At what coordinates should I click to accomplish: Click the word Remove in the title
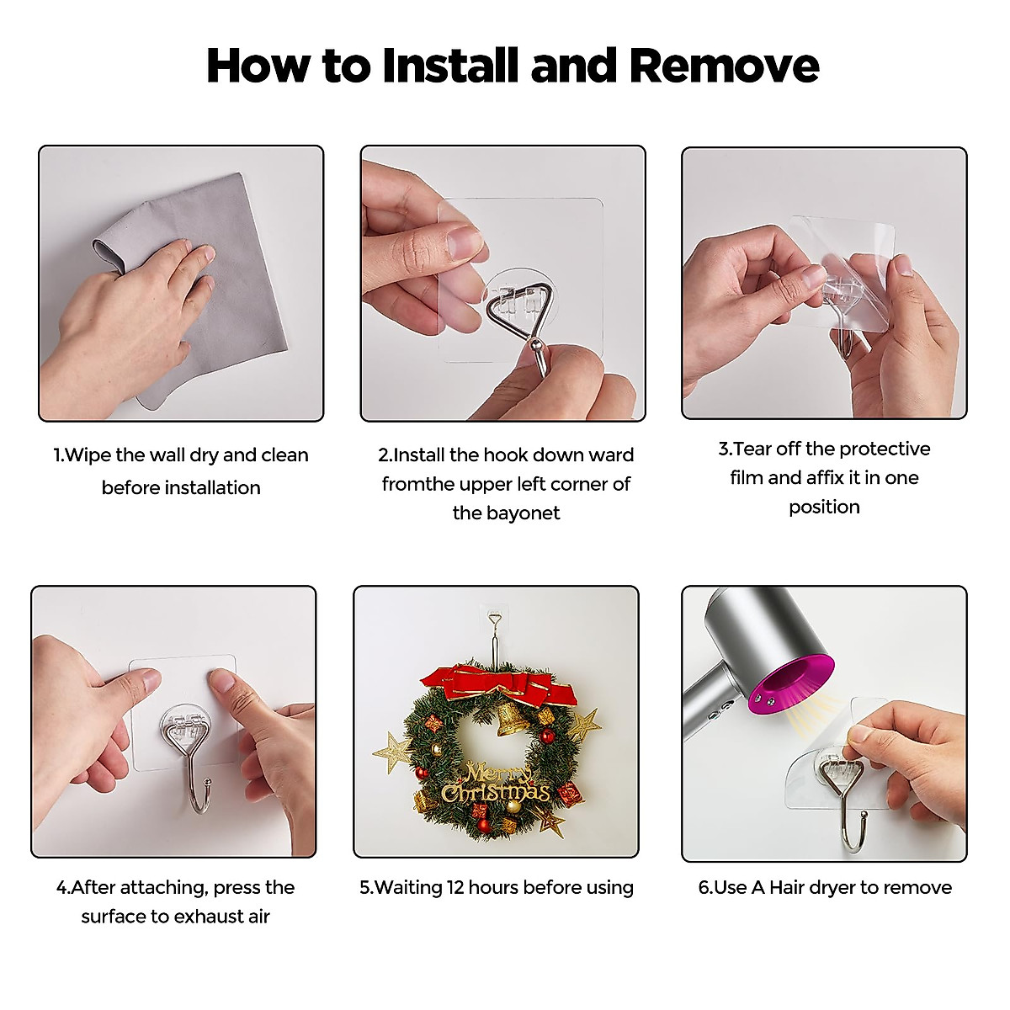724,66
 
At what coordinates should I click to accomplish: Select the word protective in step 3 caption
885,449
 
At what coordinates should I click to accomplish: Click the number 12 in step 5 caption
455,887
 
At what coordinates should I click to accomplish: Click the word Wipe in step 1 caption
88,455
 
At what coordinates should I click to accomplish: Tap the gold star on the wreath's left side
392,752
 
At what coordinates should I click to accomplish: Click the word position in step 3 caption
825,508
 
